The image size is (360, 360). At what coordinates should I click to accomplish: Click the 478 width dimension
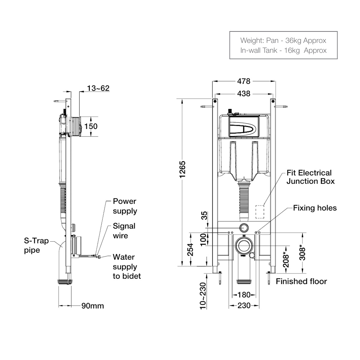click(244, 81)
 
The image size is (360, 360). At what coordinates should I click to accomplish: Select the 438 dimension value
click(244, 94)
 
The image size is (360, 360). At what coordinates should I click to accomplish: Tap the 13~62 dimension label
click(98, 88)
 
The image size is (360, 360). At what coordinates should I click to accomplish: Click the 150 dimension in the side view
click(91, 126)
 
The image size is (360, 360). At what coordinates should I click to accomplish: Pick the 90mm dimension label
click(93, 306)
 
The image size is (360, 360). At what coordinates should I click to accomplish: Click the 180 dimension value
click(244, 295)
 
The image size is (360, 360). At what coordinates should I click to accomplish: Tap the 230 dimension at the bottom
click(244, 305)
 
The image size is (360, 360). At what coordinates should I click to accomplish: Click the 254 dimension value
click(190, 250)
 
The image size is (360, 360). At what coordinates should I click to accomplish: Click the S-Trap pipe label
click(36, 245)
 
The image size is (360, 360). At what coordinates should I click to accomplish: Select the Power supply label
click(125, 206)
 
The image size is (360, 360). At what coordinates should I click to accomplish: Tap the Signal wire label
click(124, 231)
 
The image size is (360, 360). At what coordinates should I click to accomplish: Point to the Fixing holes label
click(315, 208)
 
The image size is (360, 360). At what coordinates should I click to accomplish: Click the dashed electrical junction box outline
click(259, 211)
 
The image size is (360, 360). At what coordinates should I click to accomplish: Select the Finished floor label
click(301, 281)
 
